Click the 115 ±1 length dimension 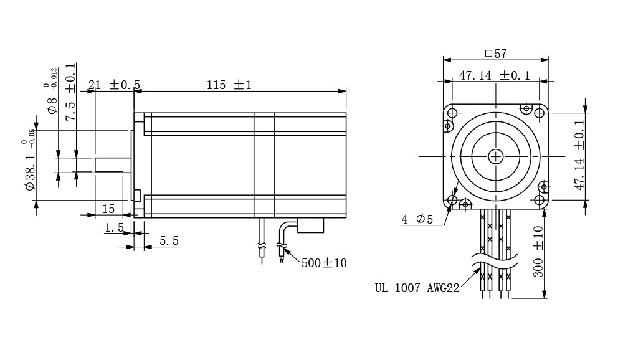[x=229, y=85]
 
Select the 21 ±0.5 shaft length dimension [x=114, y=85]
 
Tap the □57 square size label [x=496, y=53]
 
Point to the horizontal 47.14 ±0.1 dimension [x=495, y=75]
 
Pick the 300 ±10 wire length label [x=538, y=252]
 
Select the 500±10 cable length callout [x=324, y=263]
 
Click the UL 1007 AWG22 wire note [x=417, y=288]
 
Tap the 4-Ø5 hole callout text [x=417, y=219]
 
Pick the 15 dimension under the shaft [x=108, y=209]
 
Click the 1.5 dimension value [x=115, y=228]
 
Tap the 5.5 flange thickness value [x=169, y=241]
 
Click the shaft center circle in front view [x=495, y=157]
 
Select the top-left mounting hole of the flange [x=452, y=113]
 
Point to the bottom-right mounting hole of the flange [x=539, y=200]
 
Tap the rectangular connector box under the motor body [x=311, y=225]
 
